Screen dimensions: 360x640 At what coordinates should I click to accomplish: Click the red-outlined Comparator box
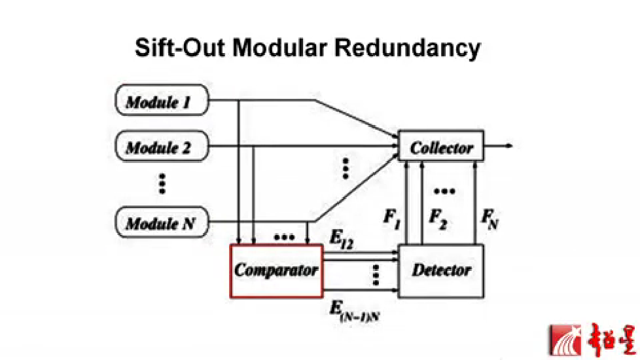coord(276,271)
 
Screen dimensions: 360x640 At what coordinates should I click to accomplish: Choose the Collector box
coord(441,147)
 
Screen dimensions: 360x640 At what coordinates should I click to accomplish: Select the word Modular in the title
coord(289,48)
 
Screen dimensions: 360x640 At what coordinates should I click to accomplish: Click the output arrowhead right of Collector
coord(509,146)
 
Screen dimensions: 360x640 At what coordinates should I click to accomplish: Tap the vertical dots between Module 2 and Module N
coord(162,184)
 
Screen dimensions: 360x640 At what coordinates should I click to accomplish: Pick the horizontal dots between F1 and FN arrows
coord(444,191)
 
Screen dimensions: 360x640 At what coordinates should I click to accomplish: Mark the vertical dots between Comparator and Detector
coord(376,276)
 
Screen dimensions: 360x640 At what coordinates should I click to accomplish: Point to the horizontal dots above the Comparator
coord(283,236)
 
